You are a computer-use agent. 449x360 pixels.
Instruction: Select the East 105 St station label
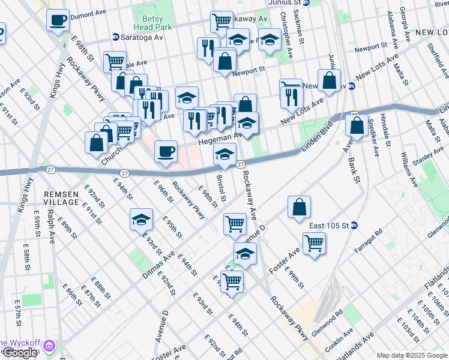tap(329, 226)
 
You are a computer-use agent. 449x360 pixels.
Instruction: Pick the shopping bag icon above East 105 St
tap(299, 208)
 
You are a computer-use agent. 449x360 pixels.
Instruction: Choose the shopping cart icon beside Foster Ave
tap(314, 244)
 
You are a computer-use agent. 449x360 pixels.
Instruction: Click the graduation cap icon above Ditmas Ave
tap(141, 220)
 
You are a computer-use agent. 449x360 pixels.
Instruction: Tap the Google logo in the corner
tap(20, 353)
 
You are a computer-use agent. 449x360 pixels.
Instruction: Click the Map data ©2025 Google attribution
tap(411, 355)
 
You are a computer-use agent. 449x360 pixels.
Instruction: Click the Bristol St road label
tap(221, 188)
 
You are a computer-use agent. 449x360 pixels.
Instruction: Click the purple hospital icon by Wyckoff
tap(49, 347)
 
